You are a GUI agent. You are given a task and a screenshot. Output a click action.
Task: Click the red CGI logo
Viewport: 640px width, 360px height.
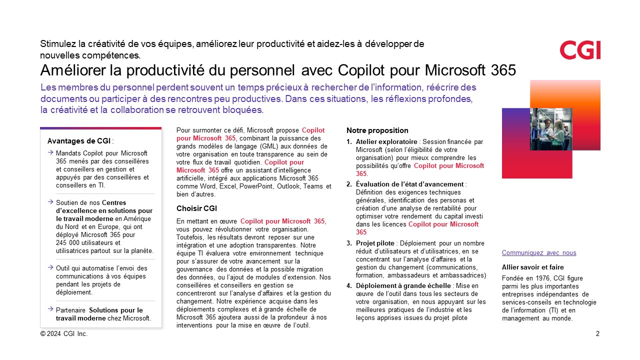coord(580,50)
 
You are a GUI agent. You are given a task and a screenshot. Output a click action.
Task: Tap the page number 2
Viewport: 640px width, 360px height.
coord(597,333)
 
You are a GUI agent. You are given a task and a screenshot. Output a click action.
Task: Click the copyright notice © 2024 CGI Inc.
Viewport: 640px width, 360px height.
coord(63,333)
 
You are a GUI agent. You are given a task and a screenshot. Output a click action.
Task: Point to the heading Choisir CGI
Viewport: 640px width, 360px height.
coord(196,208)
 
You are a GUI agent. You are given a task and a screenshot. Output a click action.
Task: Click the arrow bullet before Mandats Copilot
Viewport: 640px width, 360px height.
coord(50,152)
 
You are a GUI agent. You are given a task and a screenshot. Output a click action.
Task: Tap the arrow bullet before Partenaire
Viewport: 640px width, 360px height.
coord(50,310)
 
